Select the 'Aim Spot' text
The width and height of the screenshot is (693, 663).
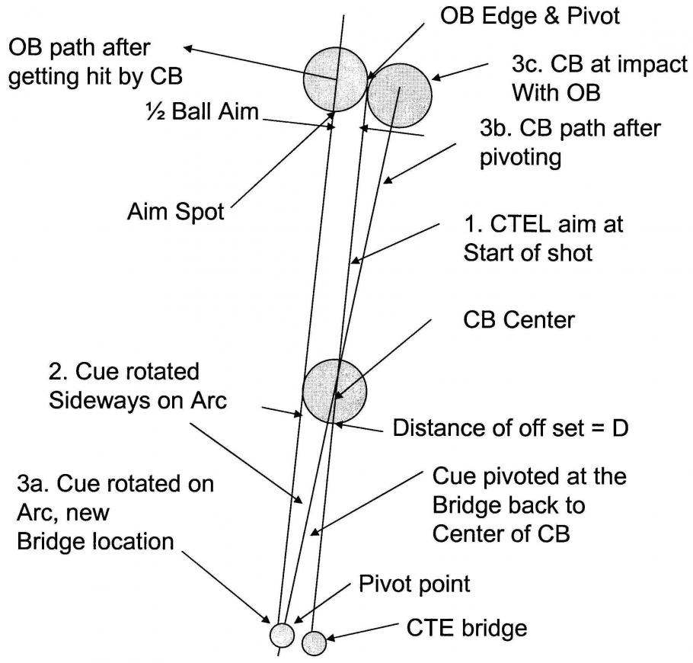click(x=176, y=211)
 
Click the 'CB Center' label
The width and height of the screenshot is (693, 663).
click(x=519, y=321)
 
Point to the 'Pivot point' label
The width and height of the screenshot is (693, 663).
click(x=414, y=585)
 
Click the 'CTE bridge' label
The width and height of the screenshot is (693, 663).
click(x=465, y=629)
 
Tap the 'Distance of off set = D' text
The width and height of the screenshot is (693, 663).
click(x=509, y=428)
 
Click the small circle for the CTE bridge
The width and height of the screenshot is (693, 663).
click(x=314, y=642)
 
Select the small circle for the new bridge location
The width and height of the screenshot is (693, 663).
click(x=282, y=635)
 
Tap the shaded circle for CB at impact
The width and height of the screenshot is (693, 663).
click(x=399, y=93)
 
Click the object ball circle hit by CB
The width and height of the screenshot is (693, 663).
click(x=335, y=78)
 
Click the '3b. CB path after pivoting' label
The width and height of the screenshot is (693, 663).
click(x=570, y=142)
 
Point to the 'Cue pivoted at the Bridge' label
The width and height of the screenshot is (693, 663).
click(x=529, y=504)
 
